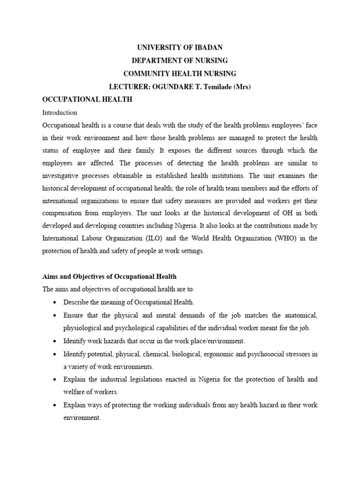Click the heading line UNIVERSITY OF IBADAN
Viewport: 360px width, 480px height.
point(180,48)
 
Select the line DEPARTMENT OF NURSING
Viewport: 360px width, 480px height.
point(180,60)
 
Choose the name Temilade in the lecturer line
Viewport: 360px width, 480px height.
point(215,87)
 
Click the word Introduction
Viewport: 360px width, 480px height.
point(60,112)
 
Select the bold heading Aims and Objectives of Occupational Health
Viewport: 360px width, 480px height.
point(110,277)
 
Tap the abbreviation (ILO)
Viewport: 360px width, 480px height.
point(157,238)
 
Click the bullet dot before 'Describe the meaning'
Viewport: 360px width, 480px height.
point(55,302)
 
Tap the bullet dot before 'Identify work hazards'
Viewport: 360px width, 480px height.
point(55,340)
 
